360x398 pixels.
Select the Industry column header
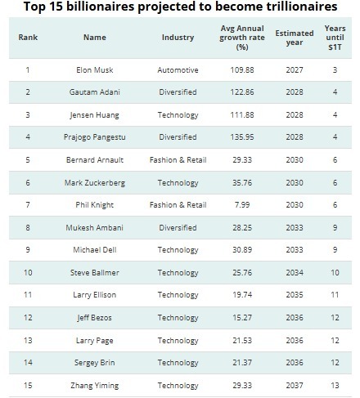click(178, 38)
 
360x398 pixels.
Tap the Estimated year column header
click(295, 38)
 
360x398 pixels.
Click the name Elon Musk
click(95, 70)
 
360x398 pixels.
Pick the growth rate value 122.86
click(242, 92)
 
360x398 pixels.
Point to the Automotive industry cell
click(178, 70)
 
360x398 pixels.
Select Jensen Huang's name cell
click(95, 115)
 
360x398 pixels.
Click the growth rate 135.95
click(242, 136)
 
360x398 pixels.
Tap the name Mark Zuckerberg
click(95, 183)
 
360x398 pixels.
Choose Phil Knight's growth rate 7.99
click(242, 204)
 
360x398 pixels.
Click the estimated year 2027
click(295, 70)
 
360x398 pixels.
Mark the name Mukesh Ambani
click(95, 227)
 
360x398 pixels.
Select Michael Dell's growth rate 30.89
click(242, 249)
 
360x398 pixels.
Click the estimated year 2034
click(295, 272)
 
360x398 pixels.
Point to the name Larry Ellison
click(95, 295)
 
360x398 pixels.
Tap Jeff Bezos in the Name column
click(95, 318)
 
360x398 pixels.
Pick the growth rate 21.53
click(242, 340)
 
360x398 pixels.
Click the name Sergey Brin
click(95, 363)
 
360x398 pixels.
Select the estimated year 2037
click(295, 385)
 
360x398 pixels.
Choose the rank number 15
click(28, 385)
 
